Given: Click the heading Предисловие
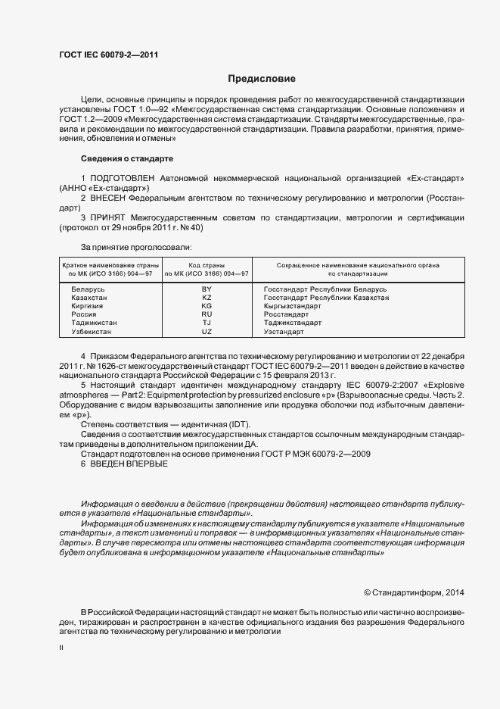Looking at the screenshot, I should click(262, 79).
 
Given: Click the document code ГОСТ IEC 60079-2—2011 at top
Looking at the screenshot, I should click(108, 54).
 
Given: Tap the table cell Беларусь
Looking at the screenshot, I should click(88, 290).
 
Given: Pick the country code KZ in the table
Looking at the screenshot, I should click(207, 298).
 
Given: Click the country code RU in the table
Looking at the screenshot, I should click(207, 314).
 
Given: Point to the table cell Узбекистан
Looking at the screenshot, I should click(91, 332).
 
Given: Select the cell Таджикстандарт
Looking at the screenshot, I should click(293, 323).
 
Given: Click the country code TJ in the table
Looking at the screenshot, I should click(207, 323).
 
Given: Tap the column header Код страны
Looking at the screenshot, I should click(207, 266).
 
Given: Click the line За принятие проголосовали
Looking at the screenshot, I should click(135, 247).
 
